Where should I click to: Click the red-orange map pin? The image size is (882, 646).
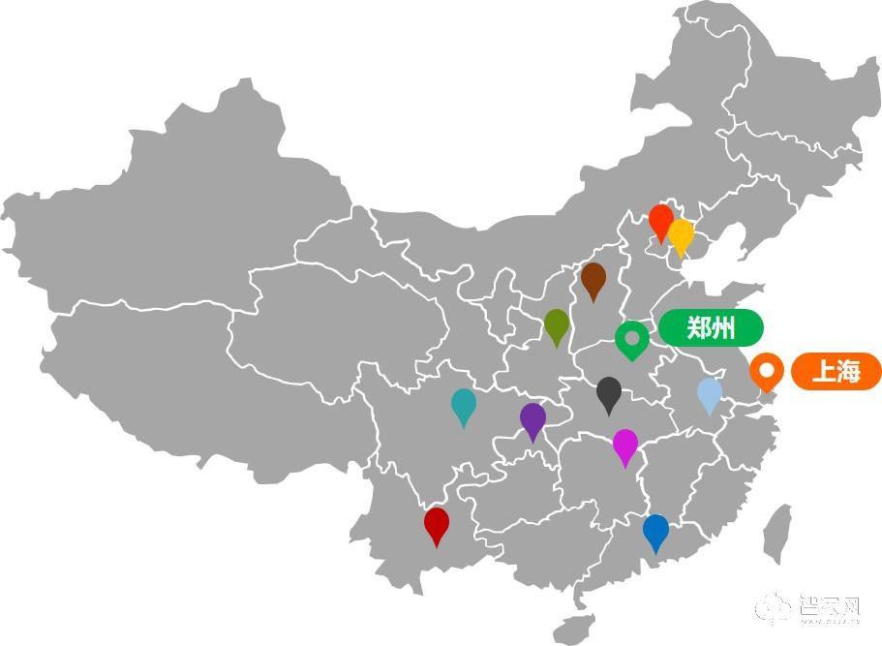[661, 220]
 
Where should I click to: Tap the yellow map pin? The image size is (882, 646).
[682, 235]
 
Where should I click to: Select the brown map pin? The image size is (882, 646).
[593, 279]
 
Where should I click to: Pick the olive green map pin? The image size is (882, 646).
[556, 324]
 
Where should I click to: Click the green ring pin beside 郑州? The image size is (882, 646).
[632, 338]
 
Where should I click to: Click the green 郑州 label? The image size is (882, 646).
[711, 328]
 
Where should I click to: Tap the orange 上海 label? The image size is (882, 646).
[836, 372]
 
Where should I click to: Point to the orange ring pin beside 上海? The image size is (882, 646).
[767, 370]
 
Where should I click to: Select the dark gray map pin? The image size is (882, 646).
[609, 392]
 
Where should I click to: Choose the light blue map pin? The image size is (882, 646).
[710, 393]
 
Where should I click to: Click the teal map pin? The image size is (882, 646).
[464, 404]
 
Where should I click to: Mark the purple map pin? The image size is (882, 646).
[532, 419]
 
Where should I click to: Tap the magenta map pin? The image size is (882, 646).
[625, 445]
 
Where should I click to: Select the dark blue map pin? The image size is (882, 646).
[655, 531]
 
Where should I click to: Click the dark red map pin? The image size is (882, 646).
[437, 524]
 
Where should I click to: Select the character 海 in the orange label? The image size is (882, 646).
[848, 372]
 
